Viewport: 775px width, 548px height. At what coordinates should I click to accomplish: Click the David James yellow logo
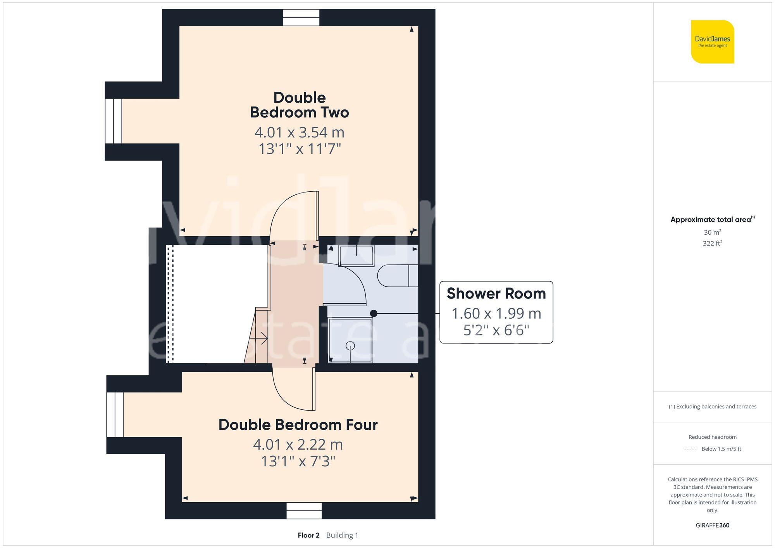712,42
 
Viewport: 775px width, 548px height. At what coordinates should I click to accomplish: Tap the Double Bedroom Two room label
299,105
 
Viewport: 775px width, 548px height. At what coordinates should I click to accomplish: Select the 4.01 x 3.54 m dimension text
299,132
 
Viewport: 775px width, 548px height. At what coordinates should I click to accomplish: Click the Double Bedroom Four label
298,425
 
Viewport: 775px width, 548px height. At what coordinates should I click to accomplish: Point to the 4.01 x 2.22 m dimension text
298,445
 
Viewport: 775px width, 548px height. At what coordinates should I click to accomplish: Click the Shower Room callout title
496,294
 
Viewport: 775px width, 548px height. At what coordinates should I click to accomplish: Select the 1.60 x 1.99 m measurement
496,313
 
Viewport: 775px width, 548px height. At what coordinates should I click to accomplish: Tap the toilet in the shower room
397,276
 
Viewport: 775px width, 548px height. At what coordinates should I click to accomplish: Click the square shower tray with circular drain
350,340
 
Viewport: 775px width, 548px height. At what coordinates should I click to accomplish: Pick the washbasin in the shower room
356,256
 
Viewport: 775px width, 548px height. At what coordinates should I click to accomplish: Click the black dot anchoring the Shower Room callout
374,313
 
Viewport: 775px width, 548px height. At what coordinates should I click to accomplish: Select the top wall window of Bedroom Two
301,18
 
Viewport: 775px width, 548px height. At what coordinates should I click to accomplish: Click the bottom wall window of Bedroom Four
304,510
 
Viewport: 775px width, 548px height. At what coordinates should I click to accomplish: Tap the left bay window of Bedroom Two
114,121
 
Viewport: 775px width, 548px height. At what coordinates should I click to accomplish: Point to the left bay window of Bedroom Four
115,414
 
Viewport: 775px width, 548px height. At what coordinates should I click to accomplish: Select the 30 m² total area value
712,232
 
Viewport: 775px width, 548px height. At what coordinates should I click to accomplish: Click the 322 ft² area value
712,243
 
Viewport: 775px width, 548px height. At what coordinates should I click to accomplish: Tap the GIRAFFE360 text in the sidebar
712,525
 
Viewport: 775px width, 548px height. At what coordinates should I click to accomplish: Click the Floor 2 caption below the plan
308,535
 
